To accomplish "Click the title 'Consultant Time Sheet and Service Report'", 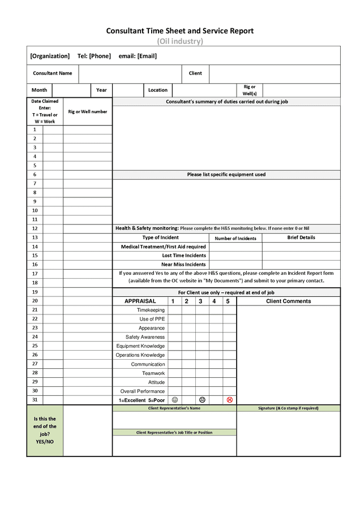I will [x=179, y=31].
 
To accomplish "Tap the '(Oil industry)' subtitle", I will [x=179, y=41].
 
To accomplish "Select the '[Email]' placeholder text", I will [x=147, y=56].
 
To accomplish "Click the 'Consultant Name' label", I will [x=53, y=74].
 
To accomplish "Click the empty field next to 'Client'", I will [x=275, y=74].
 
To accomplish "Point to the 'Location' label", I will [x=158, y=90].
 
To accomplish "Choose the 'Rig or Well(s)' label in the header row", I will [x=250, y=90].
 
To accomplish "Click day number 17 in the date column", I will [x=35, y=274].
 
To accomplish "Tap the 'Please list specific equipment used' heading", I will [x=226, y=175].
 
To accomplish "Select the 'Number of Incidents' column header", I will [x=235, y=238].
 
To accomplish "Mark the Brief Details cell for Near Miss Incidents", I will [x=301, y=265].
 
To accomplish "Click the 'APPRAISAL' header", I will [x=140, y=301].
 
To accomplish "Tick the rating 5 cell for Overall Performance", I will [x=229, y=391].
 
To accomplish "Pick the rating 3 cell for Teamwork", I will [x=202, y=373].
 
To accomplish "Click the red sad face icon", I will [x=229, y=400].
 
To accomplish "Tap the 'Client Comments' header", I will [x=288, y=301].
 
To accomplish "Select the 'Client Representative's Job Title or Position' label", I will [x=174, y=433].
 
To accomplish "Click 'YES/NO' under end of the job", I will [x=45, y=442].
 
